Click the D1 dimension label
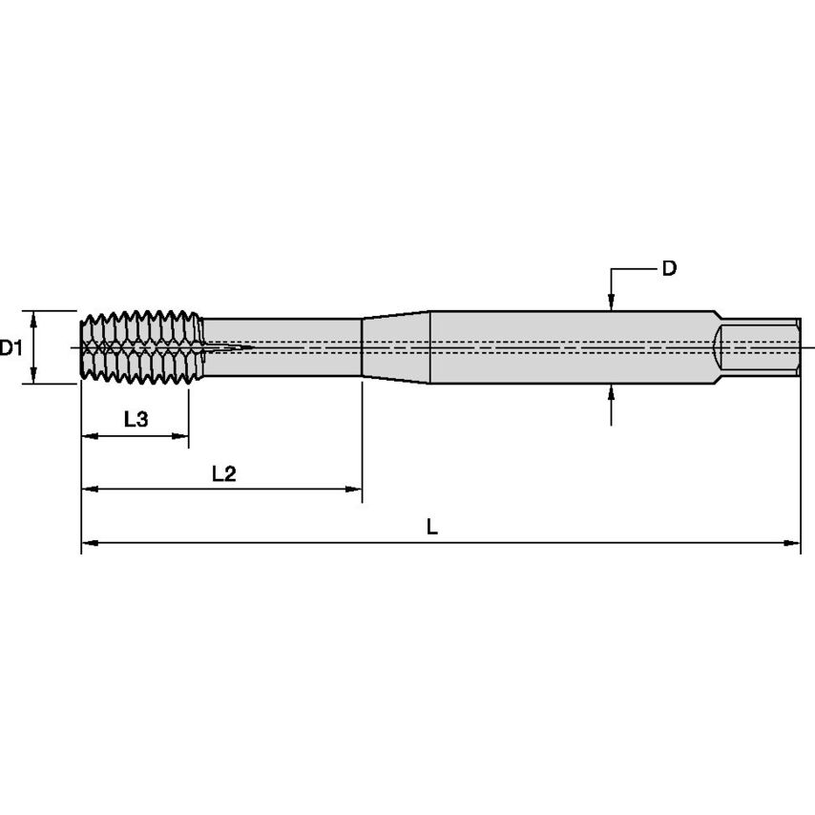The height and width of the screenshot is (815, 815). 11,348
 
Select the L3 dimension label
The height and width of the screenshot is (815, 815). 136,419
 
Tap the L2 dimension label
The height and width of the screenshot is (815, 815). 223,473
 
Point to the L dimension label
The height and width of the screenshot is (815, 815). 431,527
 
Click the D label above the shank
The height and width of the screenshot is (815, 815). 669,269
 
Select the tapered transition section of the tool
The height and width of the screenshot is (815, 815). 396,346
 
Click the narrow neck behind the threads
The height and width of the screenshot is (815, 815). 286,346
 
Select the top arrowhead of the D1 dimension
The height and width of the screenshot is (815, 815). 34,317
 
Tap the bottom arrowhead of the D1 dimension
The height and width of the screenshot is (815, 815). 34,377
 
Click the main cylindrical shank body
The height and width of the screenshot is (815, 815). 573,347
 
